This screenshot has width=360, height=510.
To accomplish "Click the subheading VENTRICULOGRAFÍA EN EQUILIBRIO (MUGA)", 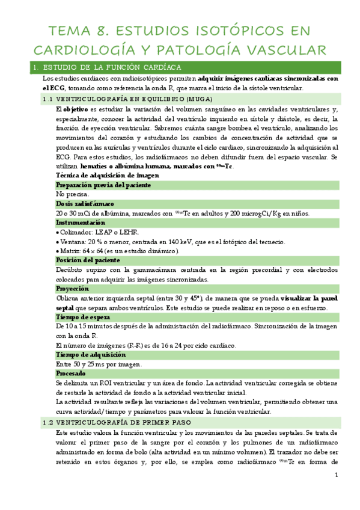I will coord(127,98).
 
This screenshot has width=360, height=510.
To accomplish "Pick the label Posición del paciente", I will coord(88,260).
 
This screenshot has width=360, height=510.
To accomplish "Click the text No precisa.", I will coord(72,194).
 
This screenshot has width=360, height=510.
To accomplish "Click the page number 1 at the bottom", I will coord(337,476).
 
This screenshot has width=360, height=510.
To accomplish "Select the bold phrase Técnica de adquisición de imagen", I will coord(108,175).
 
